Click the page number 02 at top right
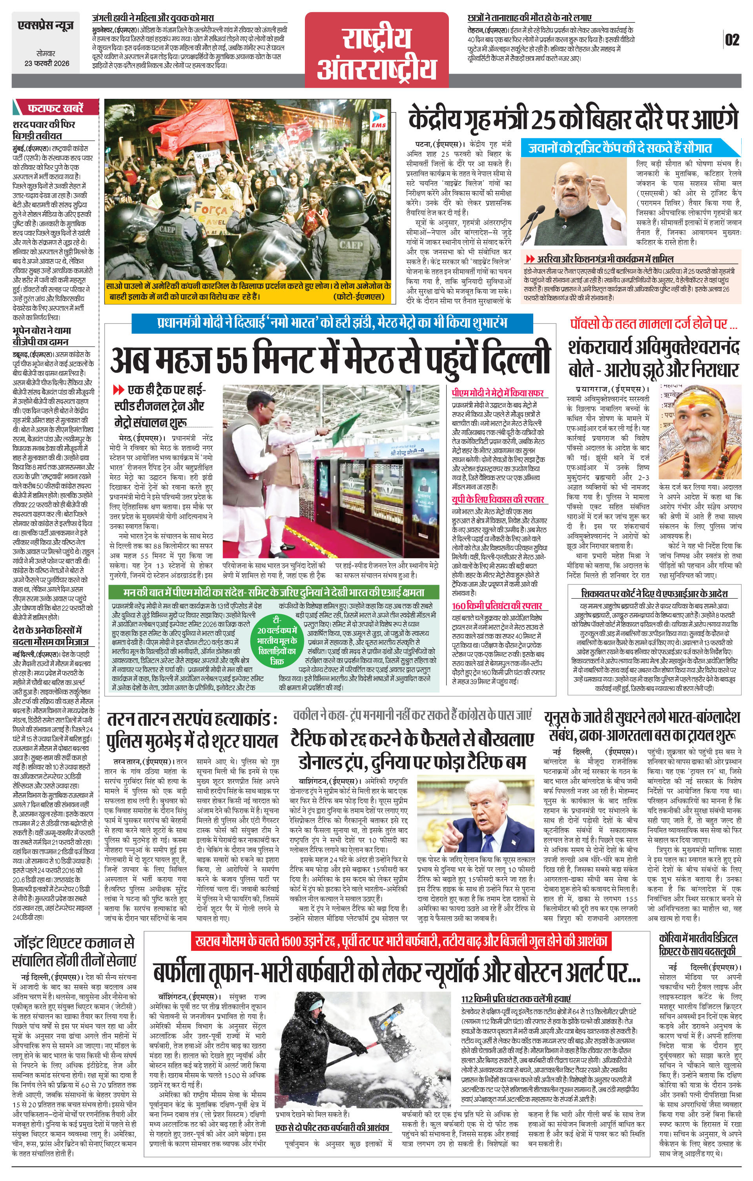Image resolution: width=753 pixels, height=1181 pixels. click(732, 40)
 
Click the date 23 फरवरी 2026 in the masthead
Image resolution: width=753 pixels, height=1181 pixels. click(47, 63)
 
